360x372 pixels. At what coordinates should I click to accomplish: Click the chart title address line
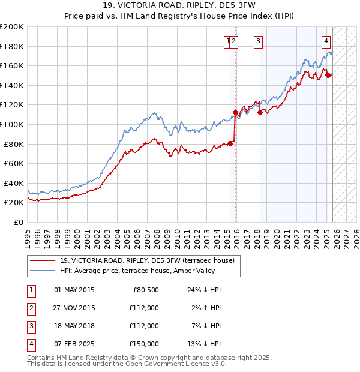(x=181, y=6)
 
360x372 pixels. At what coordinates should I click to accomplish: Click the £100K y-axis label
(x=12, y=124)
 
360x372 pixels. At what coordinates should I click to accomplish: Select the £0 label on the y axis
(x=18, y=222)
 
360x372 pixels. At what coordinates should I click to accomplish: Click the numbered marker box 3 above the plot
(x=258, y=41)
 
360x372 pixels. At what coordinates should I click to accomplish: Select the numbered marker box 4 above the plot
(x=326, y=41)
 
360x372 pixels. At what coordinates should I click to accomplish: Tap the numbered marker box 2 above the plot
(x=233, y=41)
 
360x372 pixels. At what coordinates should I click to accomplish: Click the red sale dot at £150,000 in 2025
(x=329, y=75)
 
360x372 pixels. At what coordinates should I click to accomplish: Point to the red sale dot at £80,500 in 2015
(x=230, y=143)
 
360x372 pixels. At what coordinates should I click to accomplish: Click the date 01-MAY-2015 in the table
(x=74, y=290)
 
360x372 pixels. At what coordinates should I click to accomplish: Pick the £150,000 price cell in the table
(x=145, y=344)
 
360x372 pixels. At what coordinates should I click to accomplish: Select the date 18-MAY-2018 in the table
(x=74, y=326)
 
